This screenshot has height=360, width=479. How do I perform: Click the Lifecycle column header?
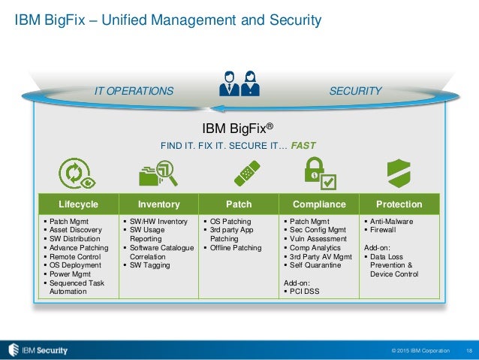(x=78, y=204)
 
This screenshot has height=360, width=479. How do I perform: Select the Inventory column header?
(x=158, y=204)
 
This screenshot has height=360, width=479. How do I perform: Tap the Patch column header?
(x=239, y=204)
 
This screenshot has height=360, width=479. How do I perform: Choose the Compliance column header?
(x=319, y=204)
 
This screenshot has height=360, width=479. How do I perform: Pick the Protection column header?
(x=399, y=204)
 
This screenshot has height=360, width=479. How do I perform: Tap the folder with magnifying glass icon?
(x=158, y=174)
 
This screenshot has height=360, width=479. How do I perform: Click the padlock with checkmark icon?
(x=319, y=174)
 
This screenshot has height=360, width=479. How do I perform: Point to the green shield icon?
(x=399, y=174)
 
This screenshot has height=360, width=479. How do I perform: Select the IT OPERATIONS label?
(x=134, y=92)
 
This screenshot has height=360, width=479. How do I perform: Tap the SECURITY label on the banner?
(x=355, y=92)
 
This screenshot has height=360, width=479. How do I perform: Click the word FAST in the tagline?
(x=303, y=145)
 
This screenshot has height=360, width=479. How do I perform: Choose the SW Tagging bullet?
(x=149, y=265)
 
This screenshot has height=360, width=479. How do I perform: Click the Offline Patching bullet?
(x=236, y=247)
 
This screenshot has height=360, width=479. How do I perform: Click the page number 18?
(x=469, y=350)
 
